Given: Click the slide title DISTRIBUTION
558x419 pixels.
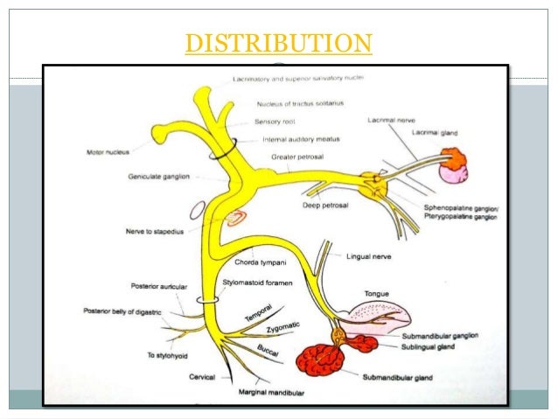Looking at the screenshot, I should tap(278, 43).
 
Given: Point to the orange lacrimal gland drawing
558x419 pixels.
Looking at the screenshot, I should tap(453, 158).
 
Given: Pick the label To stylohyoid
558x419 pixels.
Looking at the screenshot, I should tap(143, 355).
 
